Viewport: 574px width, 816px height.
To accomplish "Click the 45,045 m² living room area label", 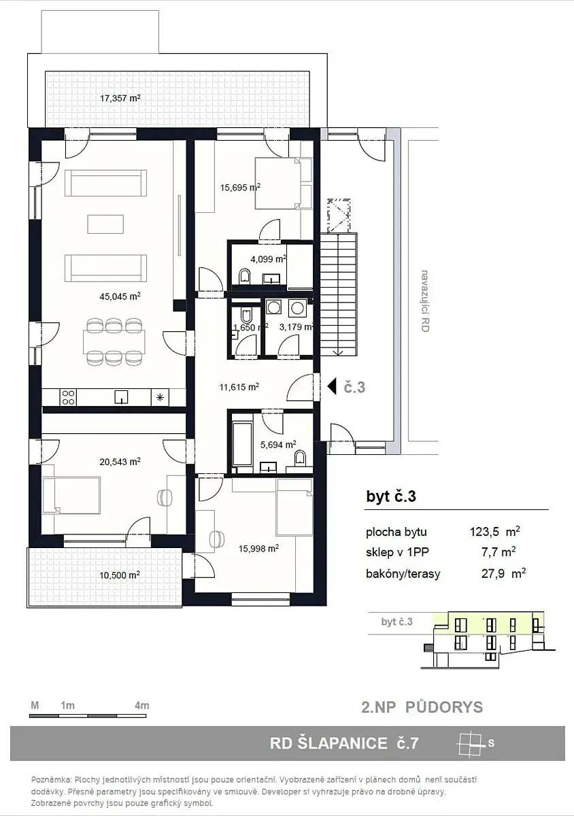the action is (x=120, y=296).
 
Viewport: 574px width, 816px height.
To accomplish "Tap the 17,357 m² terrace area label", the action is (x=120, y=98).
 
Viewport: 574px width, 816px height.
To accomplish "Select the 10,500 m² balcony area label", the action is (x=120, y=575).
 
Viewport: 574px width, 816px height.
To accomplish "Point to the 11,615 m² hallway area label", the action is (x=239, y=386).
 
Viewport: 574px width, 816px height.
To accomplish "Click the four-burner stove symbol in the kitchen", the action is (x=68, y=397).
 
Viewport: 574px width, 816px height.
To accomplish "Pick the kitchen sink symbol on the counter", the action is (x=120, y=397).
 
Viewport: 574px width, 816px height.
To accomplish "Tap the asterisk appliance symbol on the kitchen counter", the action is (x=160, y=397).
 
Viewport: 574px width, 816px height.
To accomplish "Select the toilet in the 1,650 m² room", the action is (x=246, y=315).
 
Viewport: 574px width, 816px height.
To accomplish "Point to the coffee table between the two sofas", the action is (x=105, y=224).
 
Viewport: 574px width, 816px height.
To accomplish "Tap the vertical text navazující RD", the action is (x=424, y=301).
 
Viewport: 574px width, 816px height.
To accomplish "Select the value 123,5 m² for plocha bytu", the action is (x=494, y=532).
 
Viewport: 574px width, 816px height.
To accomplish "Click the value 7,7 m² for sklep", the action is (x=499, y=553).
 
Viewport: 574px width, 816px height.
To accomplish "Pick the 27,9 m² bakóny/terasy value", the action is (x=503, y=574).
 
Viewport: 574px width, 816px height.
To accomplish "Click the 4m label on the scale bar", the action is (x=141, y=706).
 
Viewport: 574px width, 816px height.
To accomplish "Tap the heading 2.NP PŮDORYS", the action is (x=422, y=707).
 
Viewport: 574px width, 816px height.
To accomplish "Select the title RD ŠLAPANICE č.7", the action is (x=344, y=743).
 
